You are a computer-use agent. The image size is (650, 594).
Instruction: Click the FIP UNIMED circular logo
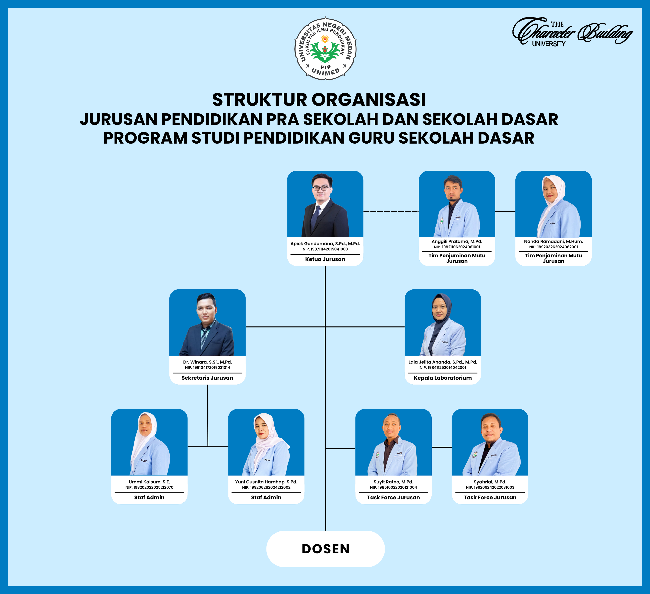click(325, 48)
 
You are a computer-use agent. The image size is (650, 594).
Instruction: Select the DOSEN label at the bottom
click(325, 549)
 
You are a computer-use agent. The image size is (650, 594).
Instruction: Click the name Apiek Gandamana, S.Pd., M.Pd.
click(325, 244)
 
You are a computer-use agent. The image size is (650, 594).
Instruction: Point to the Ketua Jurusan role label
click(325, 259)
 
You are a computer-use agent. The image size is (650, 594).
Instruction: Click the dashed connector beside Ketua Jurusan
click(391, 211)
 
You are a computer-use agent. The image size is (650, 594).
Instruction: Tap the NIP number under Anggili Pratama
click(457, 247)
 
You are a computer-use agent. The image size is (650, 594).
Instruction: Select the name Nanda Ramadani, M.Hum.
click(553, 241)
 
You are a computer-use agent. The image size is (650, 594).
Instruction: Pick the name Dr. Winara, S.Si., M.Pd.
click(207, 362)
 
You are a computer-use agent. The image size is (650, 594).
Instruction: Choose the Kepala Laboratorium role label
click(442, 378)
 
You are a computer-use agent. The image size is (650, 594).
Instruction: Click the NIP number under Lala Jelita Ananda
click(442, 367)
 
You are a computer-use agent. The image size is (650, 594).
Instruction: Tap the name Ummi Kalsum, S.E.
click(149, 482)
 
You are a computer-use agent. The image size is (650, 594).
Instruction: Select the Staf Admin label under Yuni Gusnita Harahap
click(266, 497)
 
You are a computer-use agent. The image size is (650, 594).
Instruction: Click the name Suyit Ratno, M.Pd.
click(393, 482)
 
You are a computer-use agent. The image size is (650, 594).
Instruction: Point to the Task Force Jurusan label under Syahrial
click(490, 497)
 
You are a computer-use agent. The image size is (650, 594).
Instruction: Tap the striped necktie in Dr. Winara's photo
click(204, 337)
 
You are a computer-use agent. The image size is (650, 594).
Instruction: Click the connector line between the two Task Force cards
click(442, 447)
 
